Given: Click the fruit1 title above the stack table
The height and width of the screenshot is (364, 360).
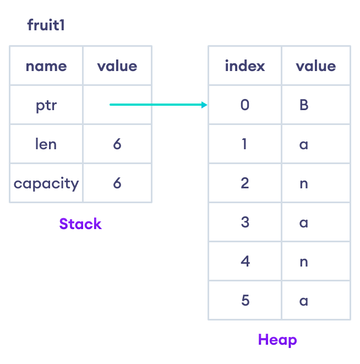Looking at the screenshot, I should [46, 25].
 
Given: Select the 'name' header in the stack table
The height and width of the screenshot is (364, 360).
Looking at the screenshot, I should [46, 66].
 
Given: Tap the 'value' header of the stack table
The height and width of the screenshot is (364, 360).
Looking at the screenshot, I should [117, 66].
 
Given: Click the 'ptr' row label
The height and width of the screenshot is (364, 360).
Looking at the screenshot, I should [46, 105].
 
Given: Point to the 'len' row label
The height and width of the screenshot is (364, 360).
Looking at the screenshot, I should [46, 144].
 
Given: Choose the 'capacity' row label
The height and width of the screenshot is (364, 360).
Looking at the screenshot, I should [46, 183].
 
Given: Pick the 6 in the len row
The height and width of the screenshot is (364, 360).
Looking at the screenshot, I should [117, 144].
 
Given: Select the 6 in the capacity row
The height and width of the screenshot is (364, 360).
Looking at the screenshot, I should [117, 183].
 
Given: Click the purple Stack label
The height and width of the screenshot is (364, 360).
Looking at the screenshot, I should [80, 224].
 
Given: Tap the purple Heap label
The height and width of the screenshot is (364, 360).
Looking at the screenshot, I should [277, 340].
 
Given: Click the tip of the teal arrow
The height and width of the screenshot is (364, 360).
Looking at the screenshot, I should [206, 105].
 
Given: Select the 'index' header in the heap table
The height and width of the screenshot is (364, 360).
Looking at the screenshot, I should [245, 66].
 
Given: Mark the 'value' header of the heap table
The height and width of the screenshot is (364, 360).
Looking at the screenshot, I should [315, 66].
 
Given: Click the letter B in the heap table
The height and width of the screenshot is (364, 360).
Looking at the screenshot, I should [304, 105].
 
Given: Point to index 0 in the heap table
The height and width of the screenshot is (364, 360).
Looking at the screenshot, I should [245, 105].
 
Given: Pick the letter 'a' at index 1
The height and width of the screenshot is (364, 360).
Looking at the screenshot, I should [303, 145].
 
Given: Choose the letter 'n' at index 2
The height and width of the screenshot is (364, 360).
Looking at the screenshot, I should [303, 184].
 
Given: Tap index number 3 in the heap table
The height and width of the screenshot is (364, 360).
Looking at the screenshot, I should [245, 222].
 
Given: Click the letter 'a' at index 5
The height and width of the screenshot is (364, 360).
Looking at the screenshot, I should [303, 301].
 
